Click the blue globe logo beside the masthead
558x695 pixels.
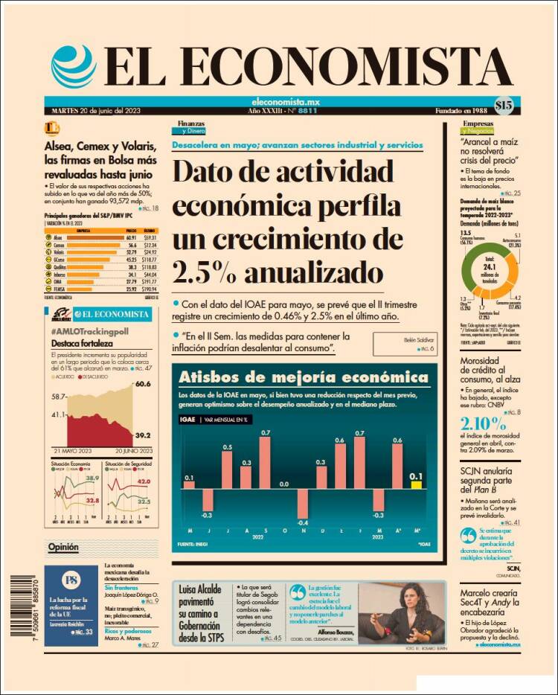[x=74, y=66]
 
